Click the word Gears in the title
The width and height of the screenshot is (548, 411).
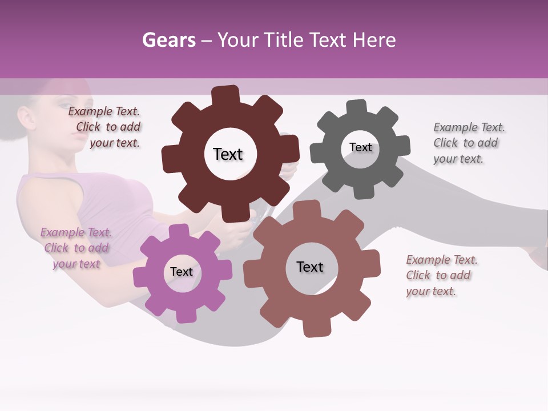pyautogui.click(x=168, y=40)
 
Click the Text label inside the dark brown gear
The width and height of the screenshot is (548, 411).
pyautogui.click(x=228, y=154)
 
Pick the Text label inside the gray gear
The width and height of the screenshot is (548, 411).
pyautogui.click(x=360, y=147)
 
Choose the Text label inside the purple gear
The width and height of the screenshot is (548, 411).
pyautogui.click(x=182, y=272)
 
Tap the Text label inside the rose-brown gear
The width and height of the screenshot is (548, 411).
pyautogui.click(x=310, y=267)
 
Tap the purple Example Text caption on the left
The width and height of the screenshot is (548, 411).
pyautogui.click(x=76, y=248)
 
